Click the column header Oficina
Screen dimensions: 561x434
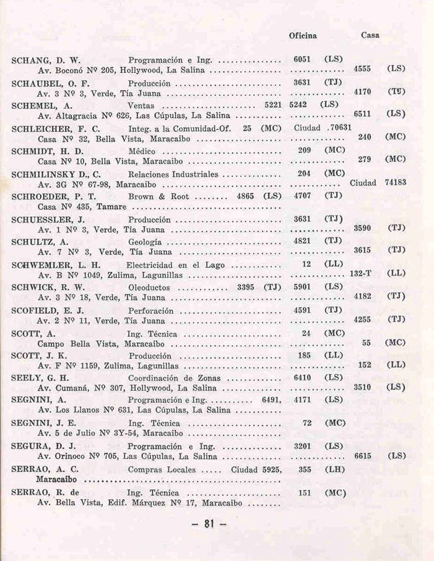(x=303, y=36)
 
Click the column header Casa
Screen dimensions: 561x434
(x=370, y=36)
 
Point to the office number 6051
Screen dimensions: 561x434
(x=302, y=60)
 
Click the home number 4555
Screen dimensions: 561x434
(x=362, y=70)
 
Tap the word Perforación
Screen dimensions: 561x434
(x=150, y=310)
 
